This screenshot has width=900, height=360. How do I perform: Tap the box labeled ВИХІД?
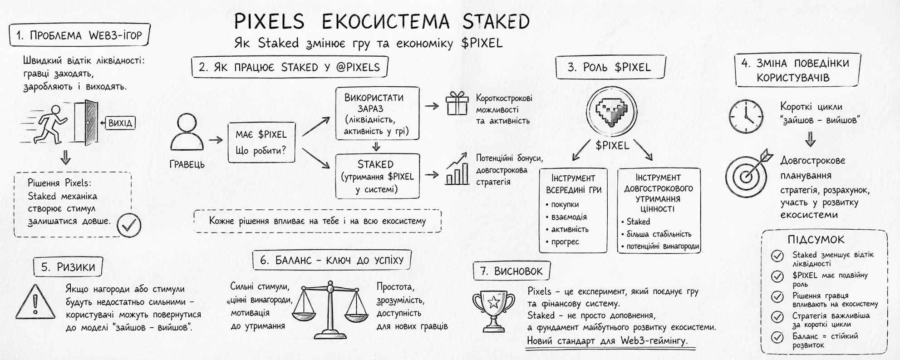coord(120,123)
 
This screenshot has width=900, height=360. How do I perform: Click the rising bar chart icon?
coord(457,169)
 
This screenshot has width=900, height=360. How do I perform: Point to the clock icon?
coord(746,116)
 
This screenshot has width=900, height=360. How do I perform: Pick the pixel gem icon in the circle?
coord(609,112)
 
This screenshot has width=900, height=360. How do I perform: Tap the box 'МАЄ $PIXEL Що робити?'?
coord(261,142)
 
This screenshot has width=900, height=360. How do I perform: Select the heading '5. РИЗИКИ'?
coord(68,267)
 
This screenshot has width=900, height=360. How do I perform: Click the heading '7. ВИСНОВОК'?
coord(511,271)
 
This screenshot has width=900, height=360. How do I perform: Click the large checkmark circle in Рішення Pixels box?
coord(129,225)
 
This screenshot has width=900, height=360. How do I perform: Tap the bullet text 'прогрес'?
coord(565,242)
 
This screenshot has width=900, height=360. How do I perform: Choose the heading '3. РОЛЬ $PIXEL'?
coord(610,68)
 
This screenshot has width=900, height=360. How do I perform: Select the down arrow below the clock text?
coord(810,139)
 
